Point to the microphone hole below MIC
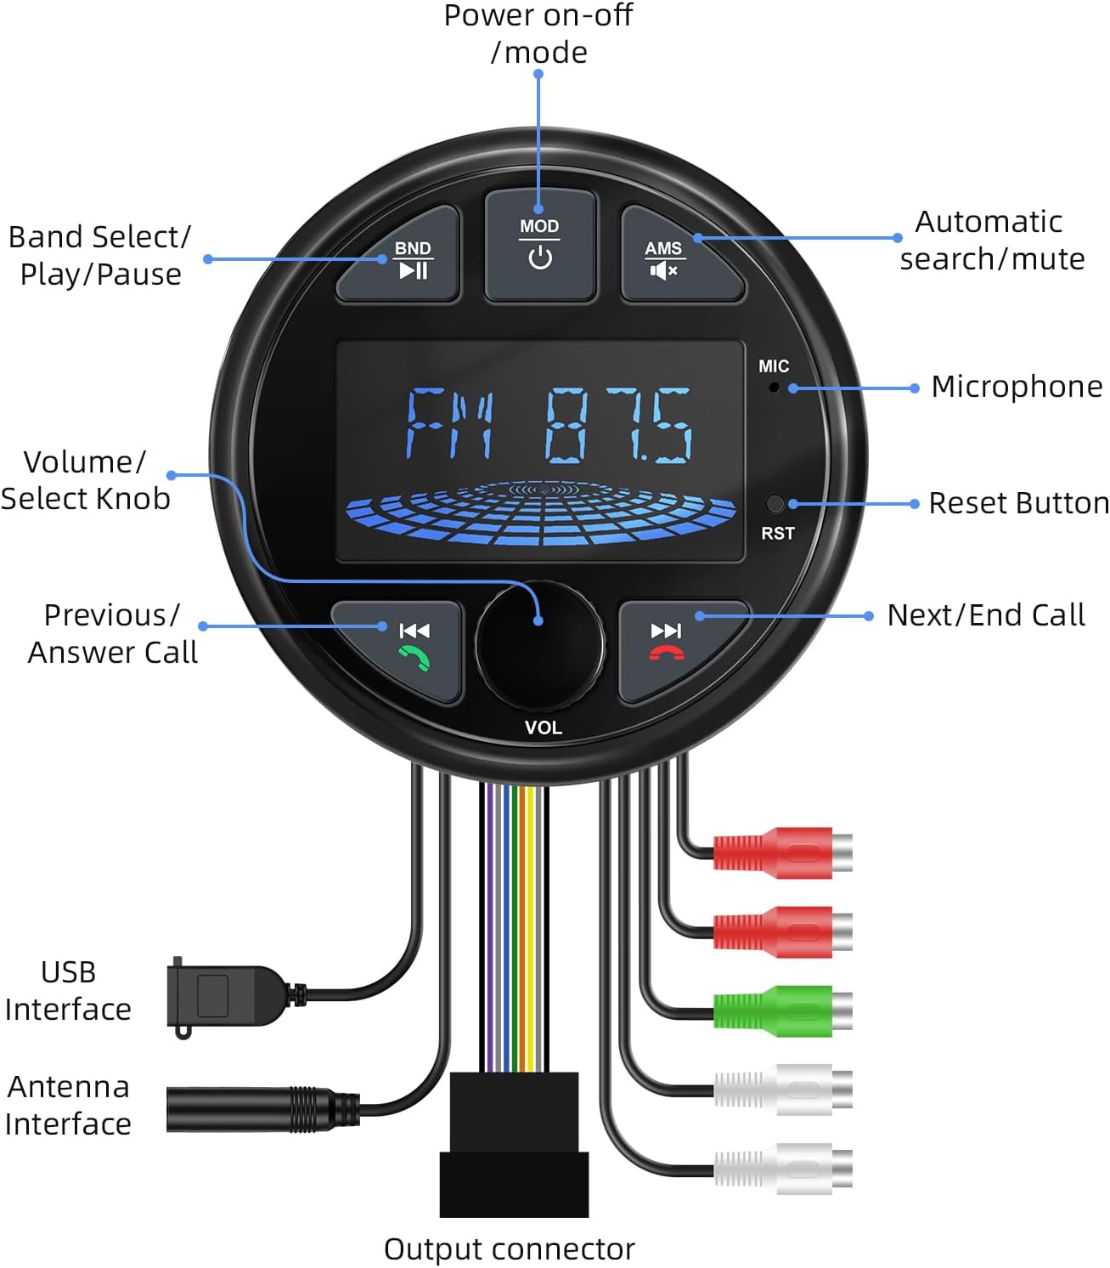coord(774,388)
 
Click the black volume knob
coord(539,645)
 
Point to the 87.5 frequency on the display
coord(618,425)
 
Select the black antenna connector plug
coord(255,1109)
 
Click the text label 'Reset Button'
coord(1017,503)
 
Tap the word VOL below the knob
coord(543,727)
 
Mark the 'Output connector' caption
coord(509,1249)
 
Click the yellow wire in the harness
coord(530,926)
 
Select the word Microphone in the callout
coord(1016,387)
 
